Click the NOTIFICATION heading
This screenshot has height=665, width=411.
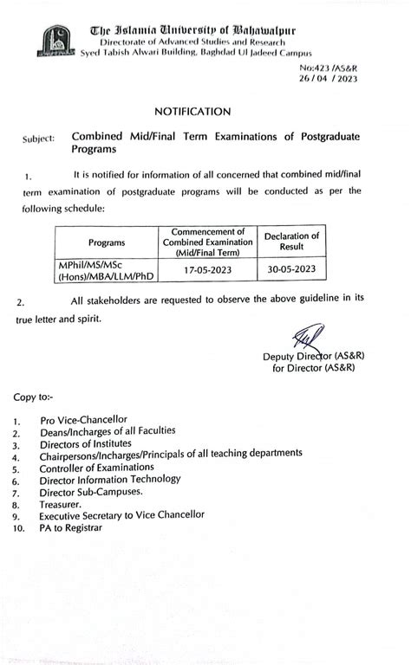coord(192,112)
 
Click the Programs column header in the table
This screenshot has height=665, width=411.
coord(106,242)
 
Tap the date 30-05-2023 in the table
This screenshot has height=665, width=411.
coord(291,269)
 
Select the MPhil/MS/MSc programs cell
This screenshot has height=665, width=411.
coord(107,270)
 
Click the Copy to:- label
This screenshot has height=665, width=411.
coord(33,397)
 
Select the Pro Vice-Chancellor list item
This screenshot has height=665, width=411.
coord(83,420)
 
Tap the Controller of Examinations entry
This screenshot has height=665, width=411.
coord(96,468)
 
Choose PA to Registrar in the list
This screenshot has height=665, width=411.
coord(70,527)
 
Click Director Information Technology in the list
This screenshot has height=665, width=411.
coord(110,479)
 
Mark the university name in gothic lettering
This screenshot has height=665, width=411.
coord(192,30)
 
